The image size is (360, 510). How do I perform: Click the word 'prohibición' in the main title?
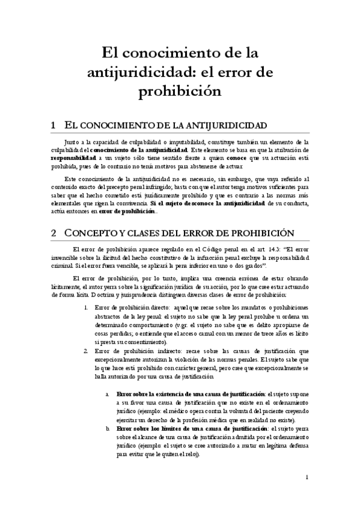pyautogui.click(x=180, y=92)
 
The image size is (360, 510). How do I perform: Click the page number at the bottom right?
pyautogui.click(x=307, y=478)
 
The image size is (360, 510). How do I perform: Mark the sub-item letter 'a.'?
pyautogui.click(x=107, y=393)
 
